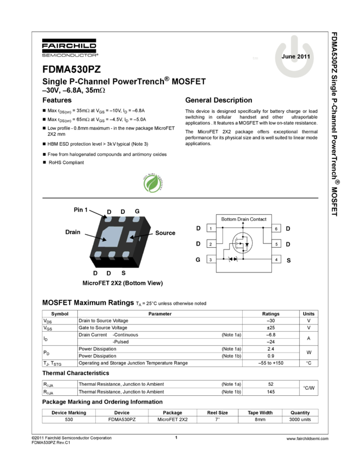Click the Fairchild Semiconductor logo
point(69,48)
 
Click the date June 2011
point(295,56)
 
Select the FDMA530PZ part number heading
point(72,69)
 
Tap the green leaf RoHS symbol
point(152,183)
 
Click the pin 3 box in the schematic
point(211,259)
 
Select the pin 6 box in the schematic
point(276,228)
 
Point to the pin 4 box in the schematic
point(276,259)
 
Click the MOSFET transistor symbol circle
point(242,243)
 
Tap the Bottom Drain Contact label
point(244,219)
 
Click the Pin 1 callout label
point(81,209)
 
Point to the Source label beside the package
point(165,232)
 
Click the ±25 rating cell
point(271,327)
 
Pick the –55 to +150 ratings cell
point(271,363)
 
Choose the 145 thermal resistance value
point(271,391)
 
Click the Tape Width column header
point(260,412)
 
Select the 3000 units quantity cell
point(300,419)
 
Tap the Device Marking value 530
point(69,419)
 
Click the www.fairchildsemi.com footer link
point(307,439)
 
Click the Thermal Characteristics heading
point(76,373)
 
